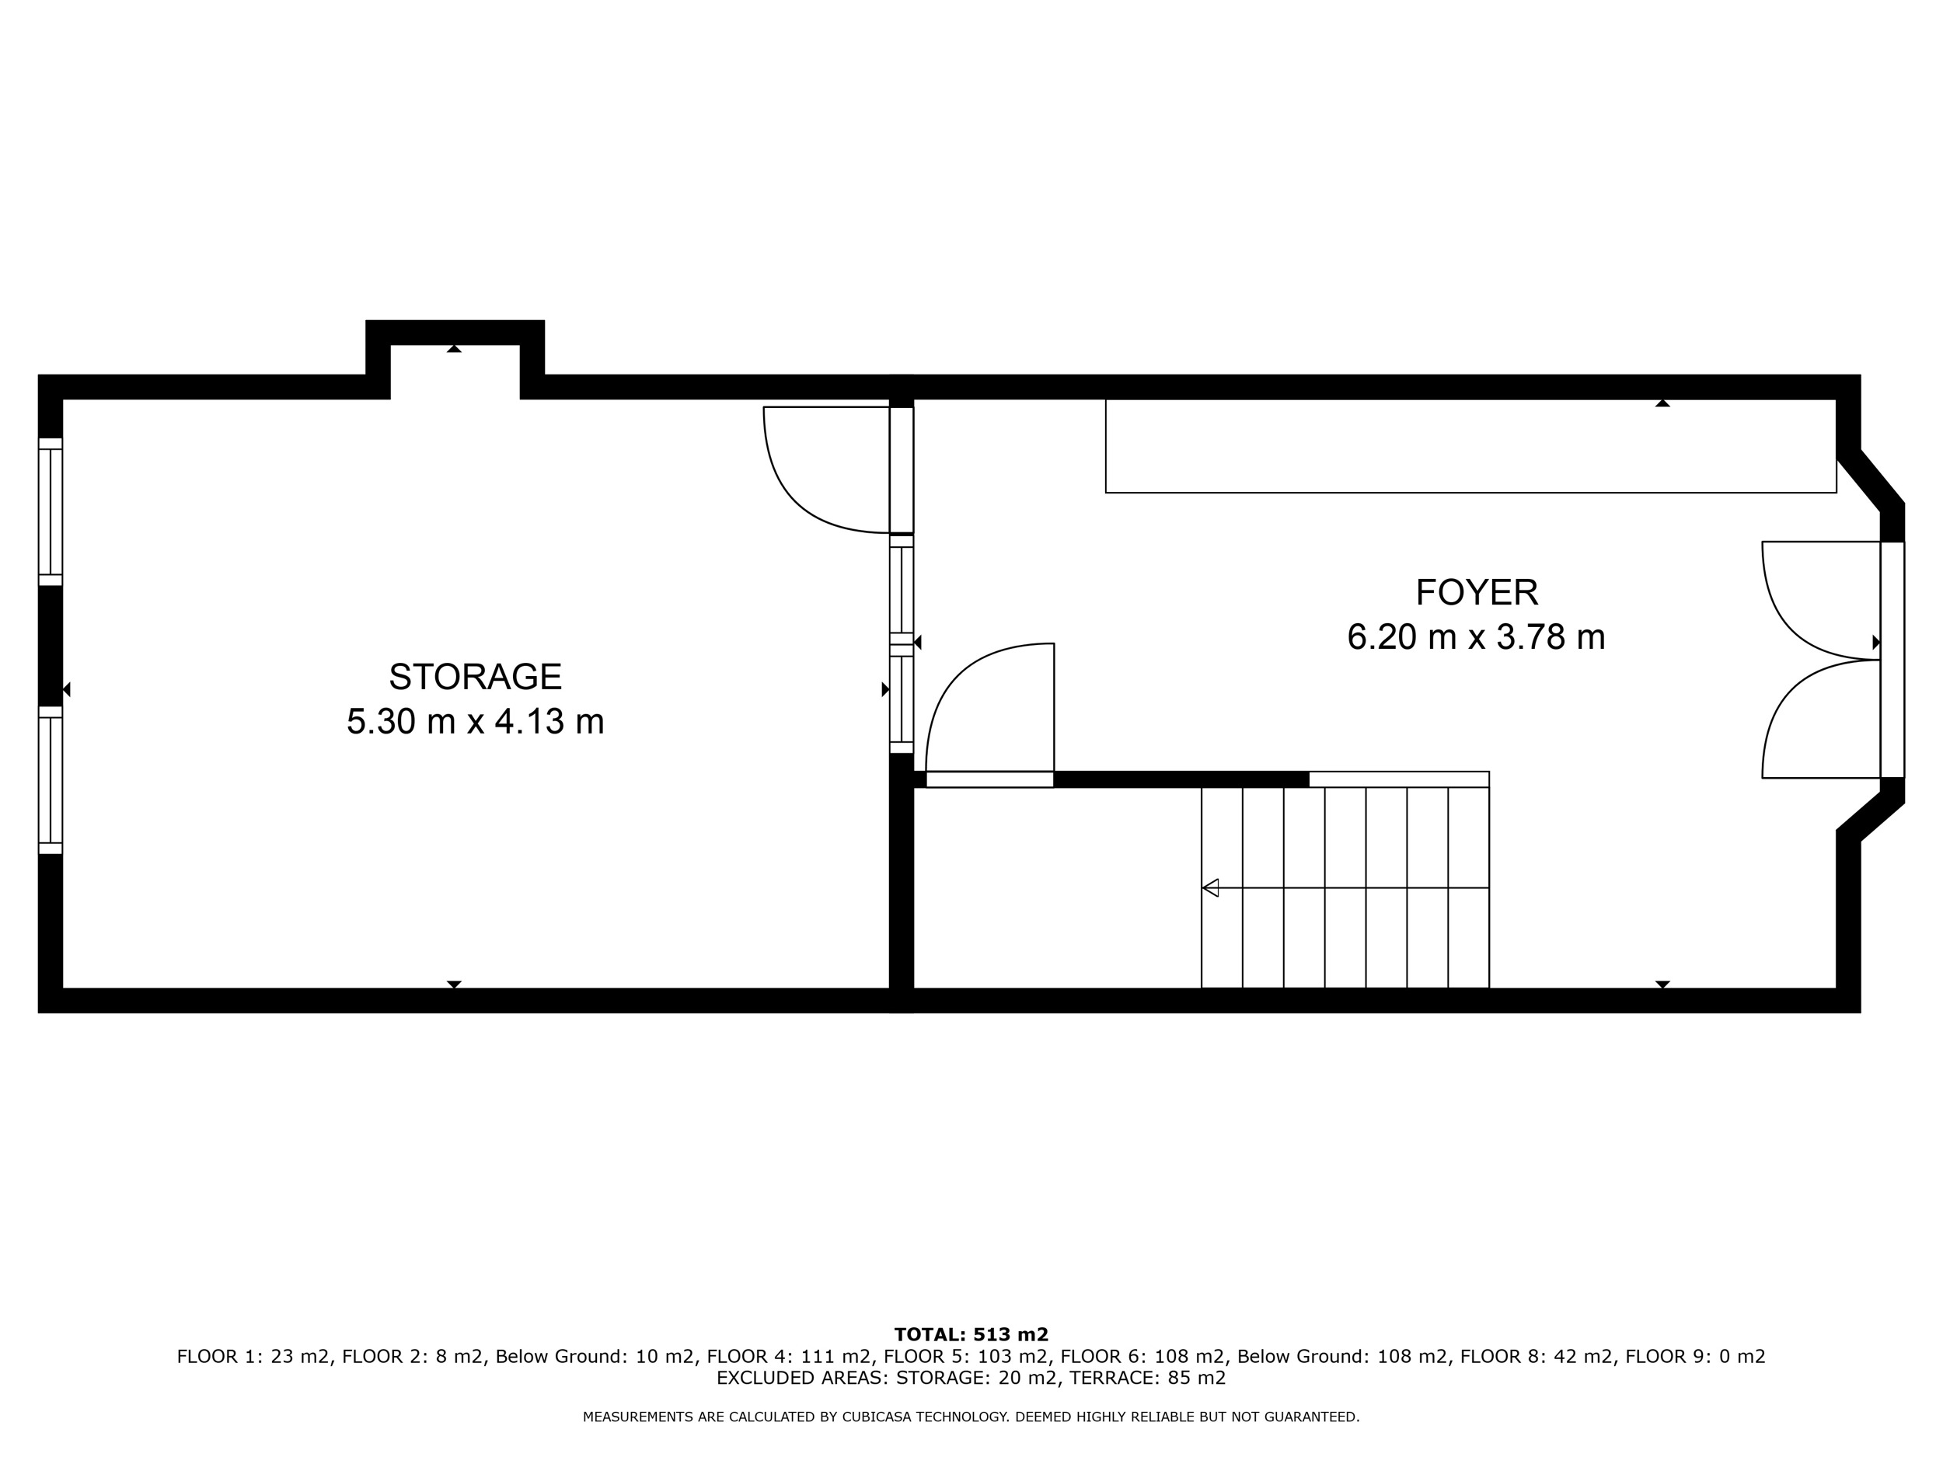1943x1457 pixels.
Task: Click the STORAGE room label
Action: click(475, 677)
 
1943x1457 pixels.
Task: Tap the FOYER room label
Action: click(1477, 593)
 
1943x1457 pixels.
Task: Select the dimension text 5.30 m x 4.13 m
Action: click(475, 722)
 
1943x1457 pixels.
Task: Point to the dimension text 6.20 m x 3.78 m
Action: click(1477, 636)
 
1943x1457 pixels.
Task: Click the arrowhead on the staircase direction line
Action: click(1210, 888)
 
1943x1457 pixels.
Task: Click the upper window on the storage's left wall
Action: click(50, 511)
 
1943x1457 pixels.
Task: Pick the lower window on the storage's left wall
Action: click(50, 780)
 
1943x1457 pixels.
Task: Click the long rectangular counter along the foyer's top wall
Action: click(1470, 446)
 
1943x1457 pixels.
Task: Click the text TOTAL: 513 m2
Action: click(971, 1335)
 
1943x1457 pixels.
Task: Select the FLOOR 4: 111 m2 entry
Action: click(789, 1356)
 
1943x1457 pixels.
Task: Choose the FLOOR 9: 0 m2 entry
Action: click(1695, 1356)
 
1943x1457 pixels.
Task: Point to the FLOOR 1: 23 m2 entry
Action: click(253, 1356)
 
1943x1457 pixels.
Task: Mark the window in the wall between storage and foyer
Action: click(902, 645)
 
